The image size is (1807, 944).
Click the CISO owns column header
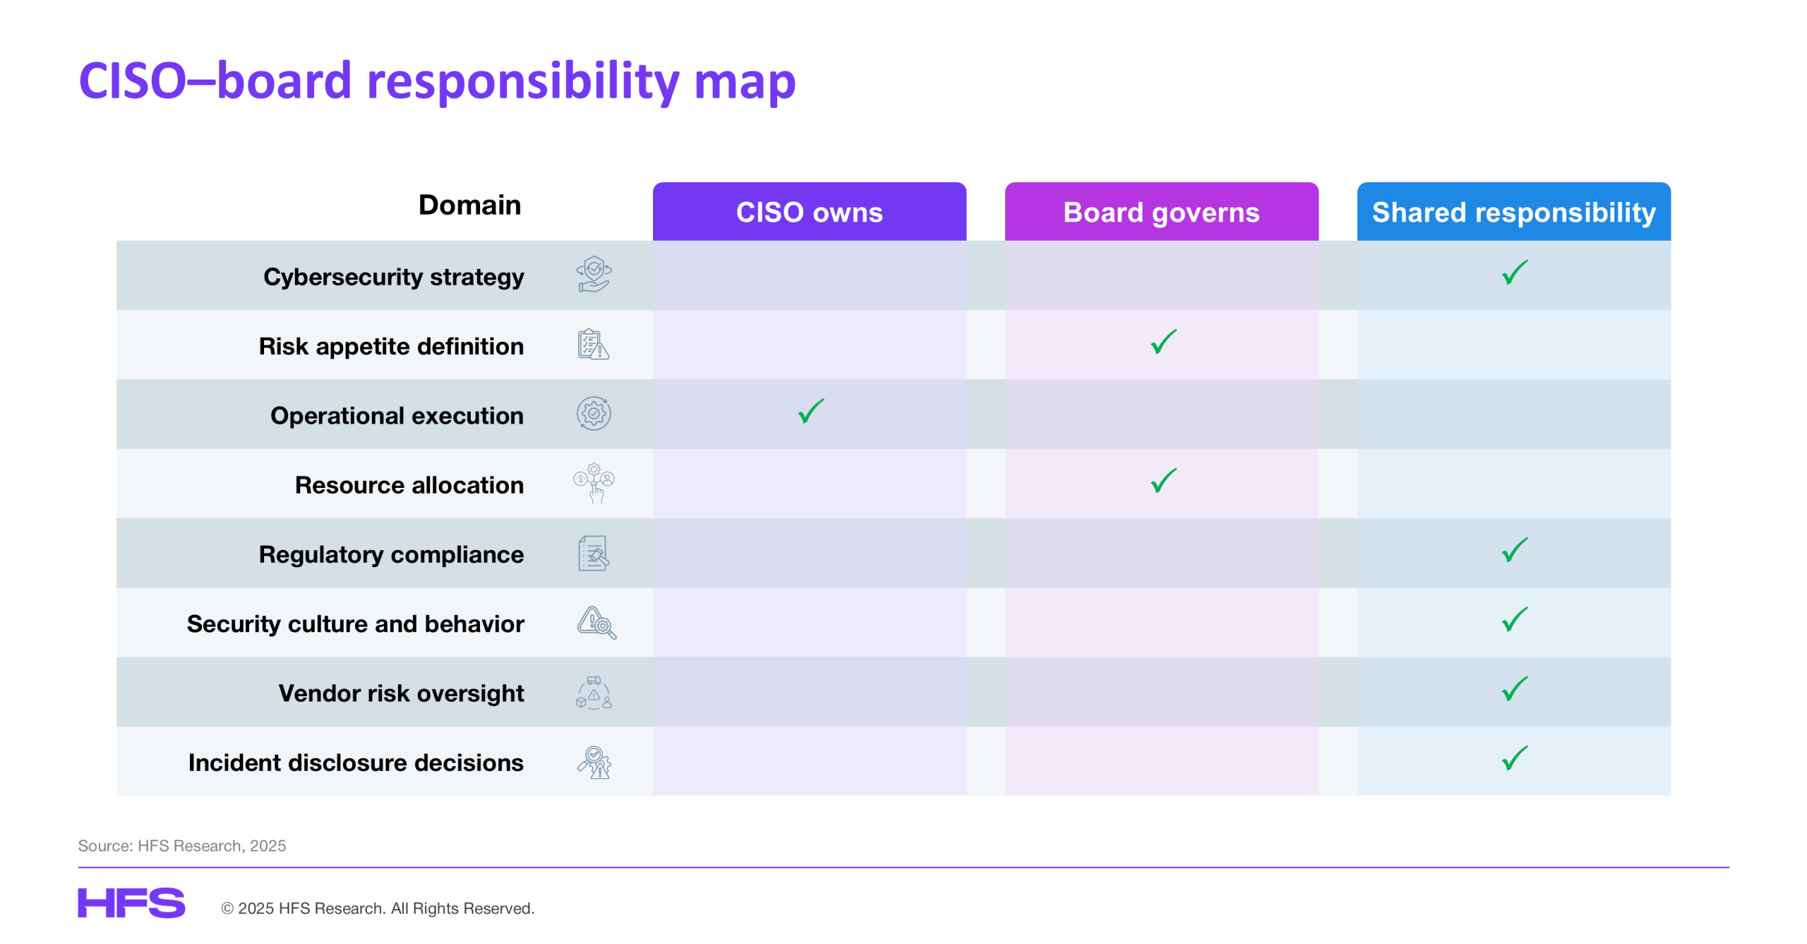[x=809, y=212]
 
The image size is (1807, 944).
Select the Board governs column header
[x=1161, y=212]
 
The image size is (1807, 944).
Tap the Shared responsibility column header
[x=1513, y=212]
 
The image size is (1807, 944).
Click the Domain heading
[x=469, y=205]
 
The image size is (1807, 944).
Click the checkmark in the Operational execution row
[x=810, y=412]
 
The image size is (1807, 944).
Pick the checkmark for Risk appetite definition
[x=1163, y=342]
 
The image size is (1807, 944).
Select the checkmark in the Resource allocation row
[x=1163, y=481]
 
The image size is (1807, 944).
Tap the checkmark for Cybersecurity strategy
[x=1515, y=273]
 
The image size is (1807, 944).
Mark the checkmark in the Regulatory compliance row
[x=1515, y=551]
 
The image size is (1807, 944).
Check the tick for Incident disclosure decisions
[x=1515, y=759]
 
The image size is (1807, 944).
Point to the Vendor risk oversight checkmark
[x=1515, y=689]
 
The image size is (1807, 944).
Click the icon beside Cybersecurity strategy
[x=594, y=275]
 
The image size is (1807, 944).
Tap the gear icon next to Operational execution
[x=594, y=414]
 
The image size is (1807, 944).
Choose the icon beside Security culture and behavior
[x=596, y=623]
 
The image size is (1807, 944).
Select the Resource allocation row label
[x=409, y=485]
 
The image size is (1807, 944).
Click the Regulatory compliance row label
[x=392, y=555]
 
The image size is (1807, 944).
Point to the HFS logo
[x=131, y=903]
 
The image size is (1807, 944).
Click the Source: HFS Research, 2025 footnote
[x=182, y=846]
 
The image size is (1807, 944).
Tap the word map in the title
[x=745, y=81]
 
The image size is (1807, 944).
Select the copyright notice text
[x=378, y=909]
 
